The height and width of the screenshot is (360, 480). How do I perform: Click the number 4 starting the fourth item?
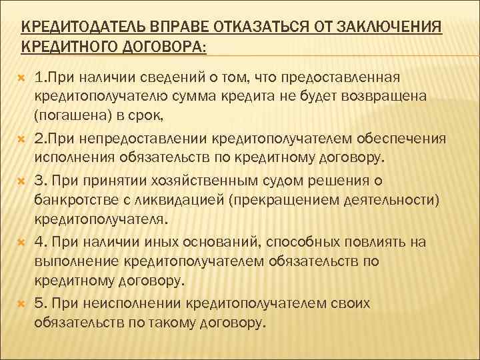[39, 241]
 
